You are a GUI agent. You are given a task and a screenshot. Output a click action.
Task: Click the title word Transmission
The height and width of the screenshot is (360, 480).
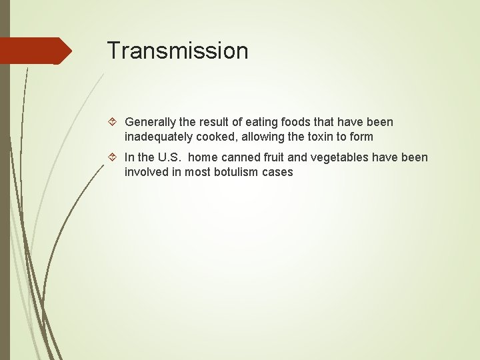tap(177, 51)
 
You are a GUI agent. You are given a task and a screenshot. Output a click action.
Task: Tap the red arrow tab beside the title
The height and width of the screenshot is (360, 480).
tap(36, 51)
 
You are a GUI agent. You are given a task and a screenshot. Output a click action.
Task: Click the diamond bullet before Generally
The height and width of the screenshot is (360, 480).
tap(115, 122)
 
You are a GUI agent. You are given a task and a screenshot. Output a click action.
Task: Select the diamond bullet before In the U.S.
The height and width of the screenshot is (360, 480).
tap(115, 158)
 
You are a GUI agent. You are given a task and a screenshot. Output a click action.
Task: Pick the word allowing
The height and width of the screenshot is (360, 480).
tap(258, 137)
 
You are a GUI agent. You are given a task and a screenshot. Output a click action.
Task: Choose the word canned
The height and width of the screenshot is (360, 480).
tap(239, 158)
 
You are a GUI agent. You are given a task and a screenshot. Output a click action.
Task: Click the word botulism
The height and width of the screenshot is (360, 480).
tap(237, 172)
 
